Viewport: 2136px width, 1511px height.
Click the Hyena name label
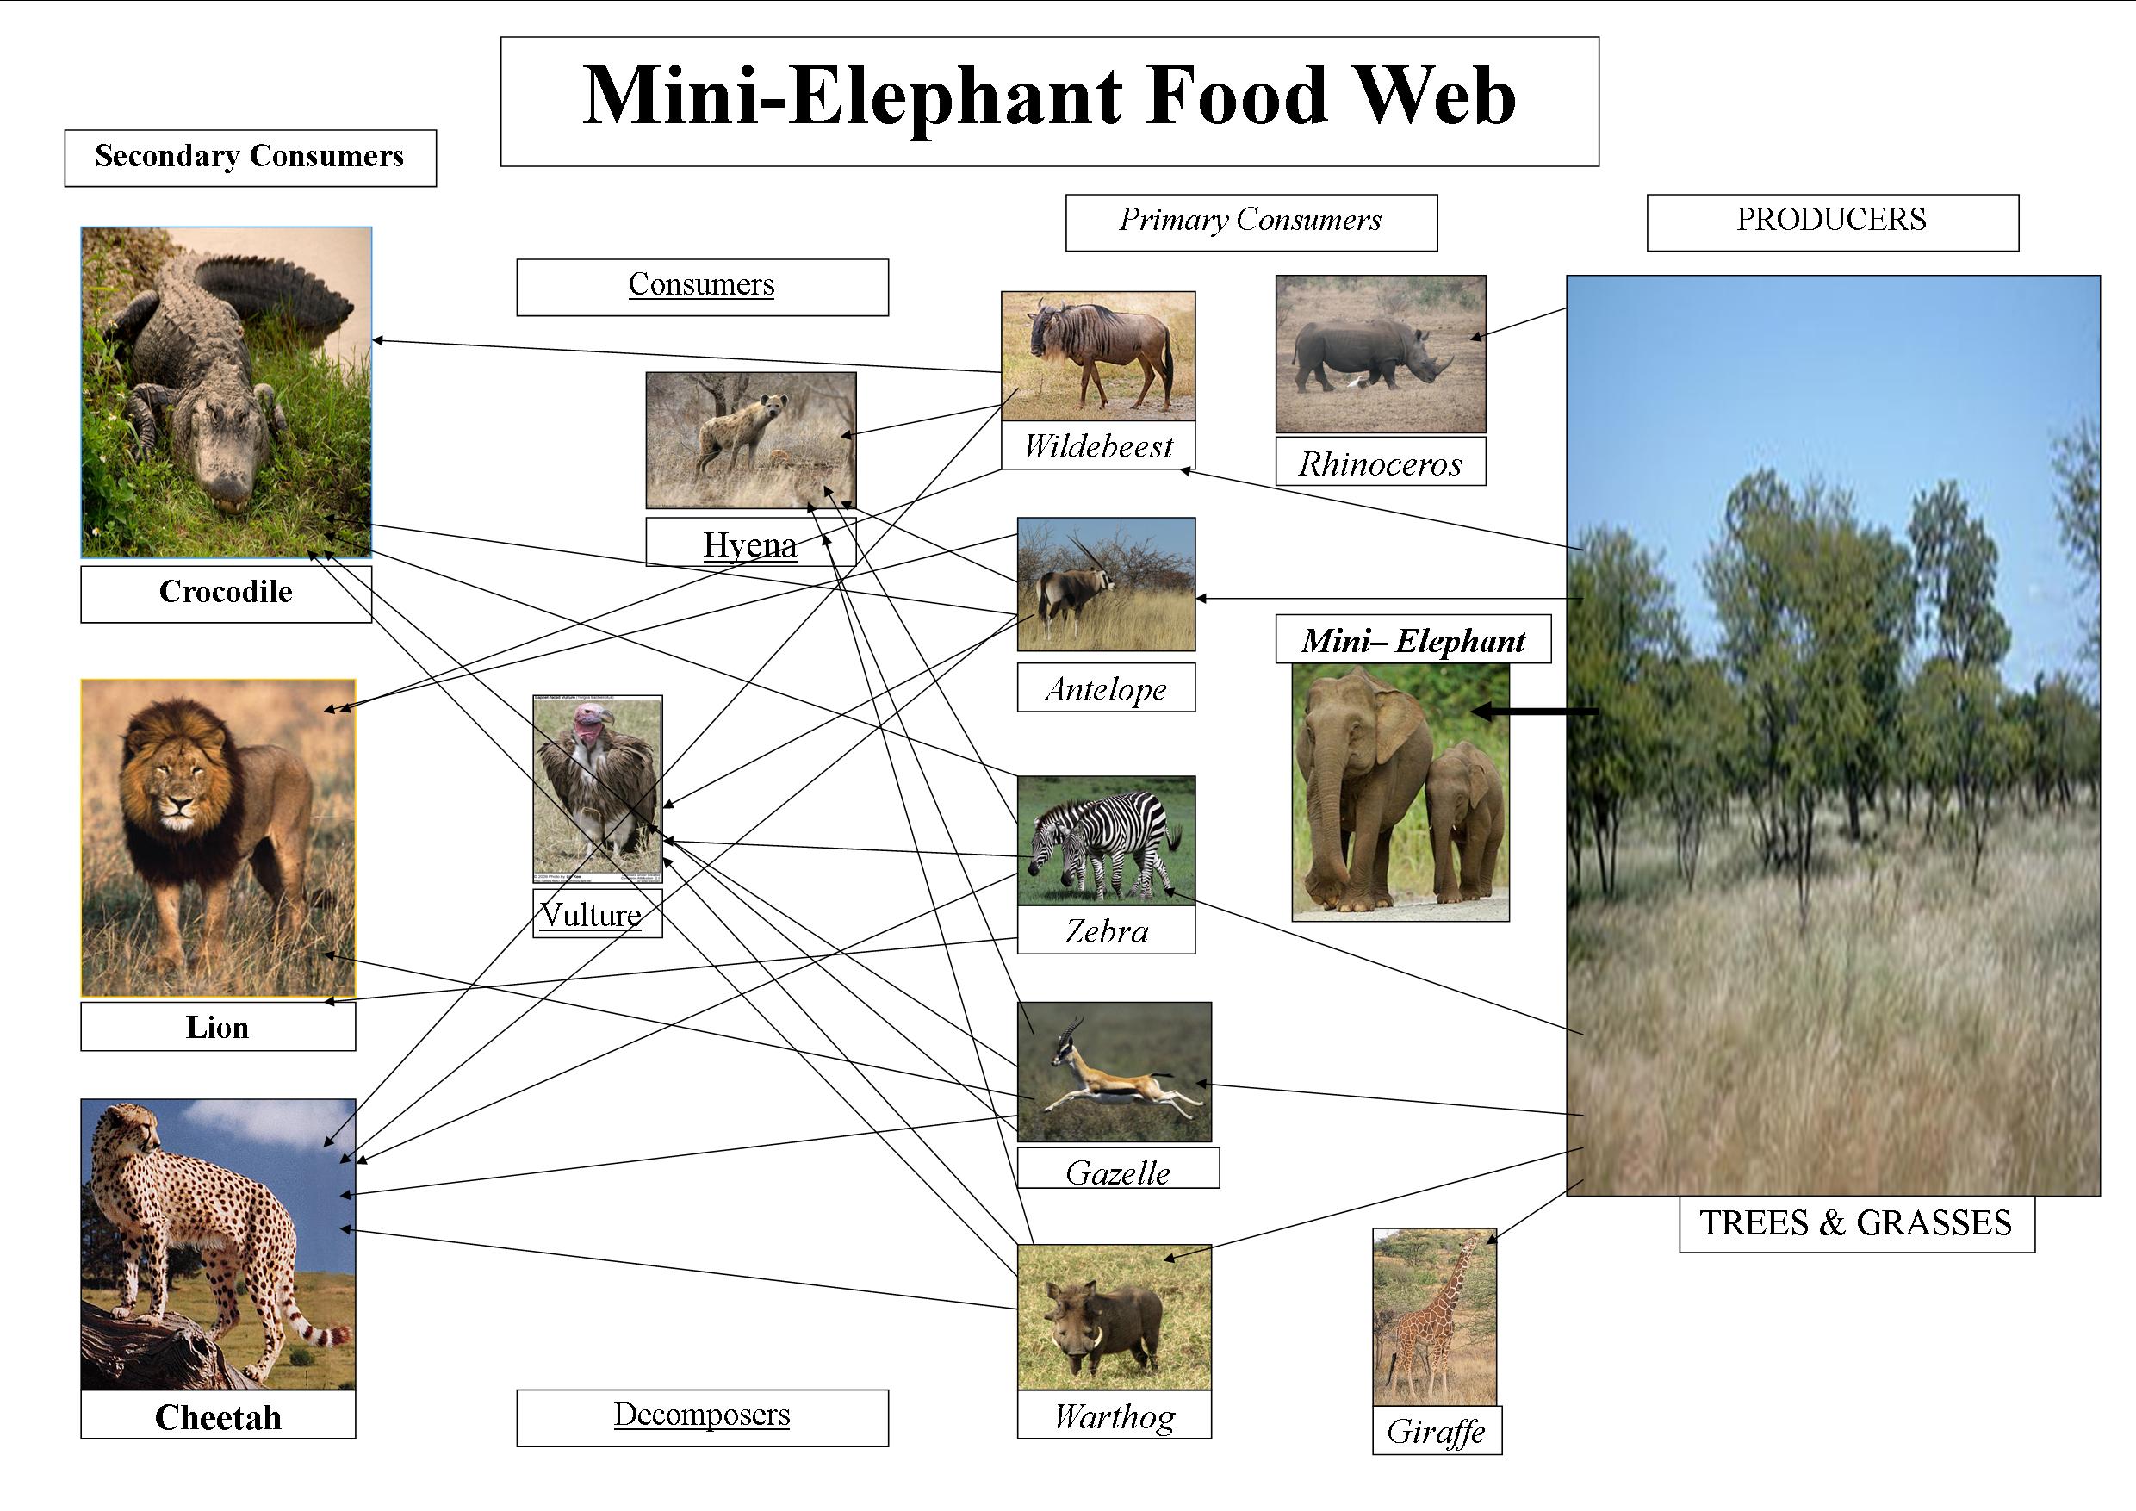(750, 544)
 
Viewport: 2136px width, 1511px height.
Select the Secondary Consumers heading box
(249, 158)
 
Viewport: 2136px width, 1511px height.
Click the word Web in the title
(1433, 96)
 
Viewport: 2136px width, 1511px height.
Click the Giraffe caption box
(1436, 1431)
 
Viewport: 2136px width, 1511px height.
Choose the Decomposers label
(701, 1416)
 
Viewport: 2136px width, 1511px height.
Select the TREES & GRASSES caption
(1855, 1223)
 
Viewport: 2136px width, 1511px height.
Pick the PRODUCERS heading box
(1831, 221)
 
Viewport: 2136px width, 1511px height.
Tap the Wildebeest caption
(1098, 446)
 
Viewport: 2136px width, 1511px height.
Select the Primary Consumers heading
(1250, 221)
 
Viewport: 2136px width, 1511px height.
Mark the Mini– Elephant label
(1413, 640)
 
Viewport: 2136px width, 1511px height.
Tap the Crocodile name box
(225, 593)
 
